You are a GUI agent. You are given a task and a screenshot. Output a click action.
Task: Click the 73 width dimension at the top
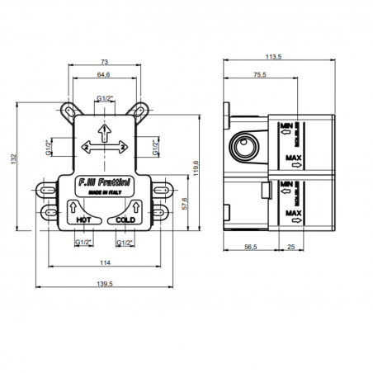click(105, 62)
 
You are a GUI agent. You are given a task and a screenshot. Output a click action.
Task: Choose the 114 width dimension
click(105, 262)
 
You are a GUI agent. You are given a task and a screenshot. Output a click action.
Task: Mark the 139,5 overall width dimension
click(105, 282)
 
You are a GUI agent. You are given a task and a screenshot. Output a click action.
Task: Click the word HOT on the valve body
click(83, 221)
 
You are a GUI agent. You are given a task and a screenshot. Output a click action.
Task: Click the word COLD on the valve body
click(125, 221)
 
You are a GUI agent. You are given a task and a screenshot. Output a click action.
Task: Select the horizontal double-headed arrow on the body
click(104, 146)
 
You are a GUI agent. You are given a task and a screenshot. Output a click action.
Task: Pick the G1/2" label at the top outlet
click(105, 98)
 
